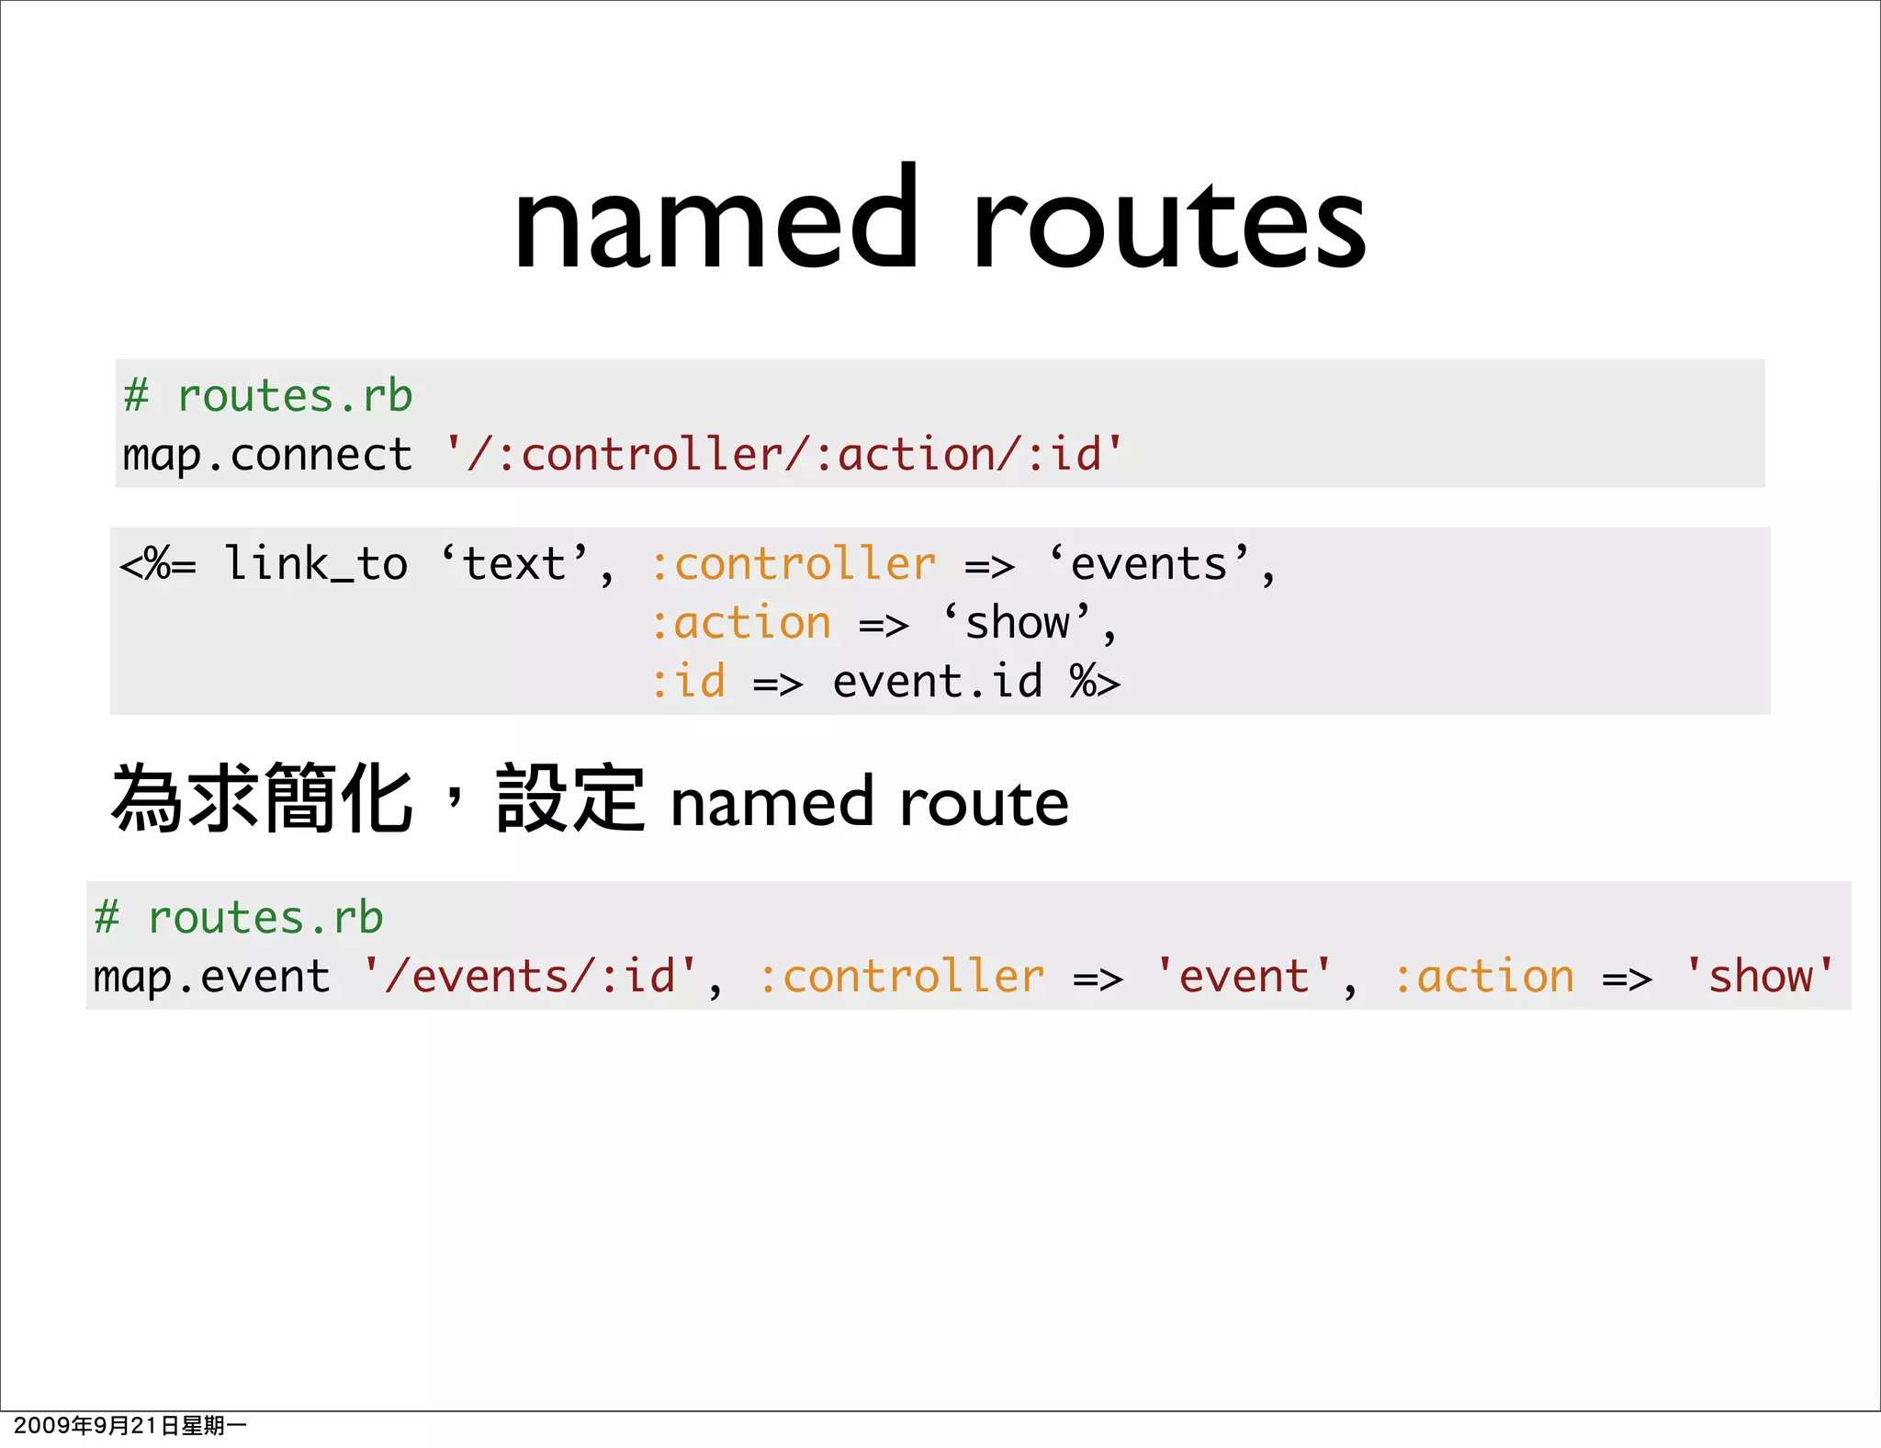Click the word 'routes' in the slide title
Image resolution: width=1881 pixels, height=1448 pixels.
tap(1168, 225)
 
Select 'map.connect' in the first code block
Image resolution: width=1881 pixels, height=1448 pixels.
tap(267, 455)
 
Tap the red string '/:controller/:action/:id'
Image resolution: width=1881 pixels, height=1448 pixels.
tap(783, 455)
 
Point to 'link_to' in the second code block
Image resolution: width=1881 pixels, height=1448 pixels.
tap(316, 563)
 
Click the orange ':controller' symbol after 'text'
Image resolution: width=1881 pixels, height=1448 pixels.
tap(794, 563)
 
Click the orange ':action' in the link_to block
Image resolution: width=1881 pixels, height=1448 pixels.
tap(740, 623)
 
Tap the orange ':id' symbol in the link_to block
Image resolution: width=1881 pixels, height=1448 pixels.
tap(688, 682)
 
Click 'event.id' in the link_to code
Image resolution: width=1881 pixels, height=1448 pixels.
tap(938, 682)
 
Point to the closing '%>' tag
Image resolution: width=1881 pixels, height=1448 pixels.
tap(1095, 682)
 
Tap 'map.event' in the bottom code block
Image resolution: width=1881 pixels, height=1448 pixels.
tap(211, 976)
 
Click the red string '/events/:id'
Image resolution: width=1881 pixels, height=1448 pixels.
tap(530, 976)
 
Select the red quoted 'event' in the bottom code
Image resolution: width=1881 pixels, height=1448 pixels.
tap(1244, 976)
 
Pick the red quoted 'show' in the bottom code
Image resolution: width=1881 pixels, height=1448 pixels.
tap(1760, 976)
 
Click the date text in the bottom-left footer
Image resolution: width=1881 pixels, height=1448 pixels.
tap(130, 1425)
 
